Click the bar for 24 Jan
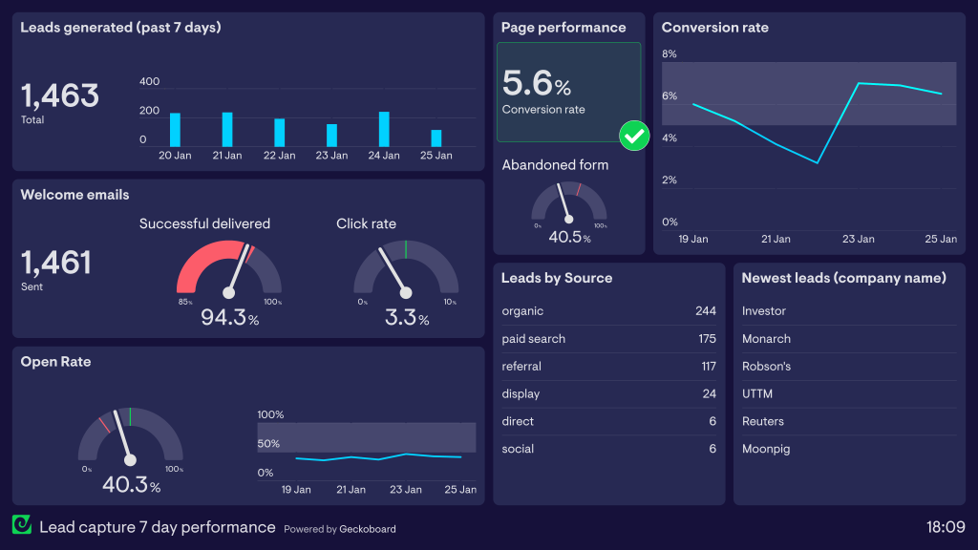pos(384,129)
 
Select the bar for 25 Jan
pos(436,137)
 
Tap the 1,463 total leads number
pos(60,95)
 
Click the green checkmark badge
pos(634,136)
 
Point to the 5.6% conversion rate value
pos(536,84)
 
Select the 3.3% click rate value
pos(406,318)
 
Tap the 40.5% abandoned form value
pos(569,237)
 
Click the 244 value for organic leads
pos(705,311)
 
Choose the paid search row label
pos(534,339)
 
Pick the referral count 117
pos(708,367)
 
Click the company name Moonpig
pos(766,449)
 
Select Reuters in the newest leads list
pos(763,421)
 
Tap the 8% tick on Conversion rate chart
pos(670,54)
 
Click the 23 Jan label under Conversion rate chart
pos(858,239)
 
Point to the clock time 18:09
pos(946,527)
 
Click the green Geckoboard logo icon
pos(22,525)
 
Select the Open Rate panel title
pos(55,362)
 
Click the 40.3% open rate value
pos(131,485)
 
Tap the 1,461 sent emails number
pos(56,263)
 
